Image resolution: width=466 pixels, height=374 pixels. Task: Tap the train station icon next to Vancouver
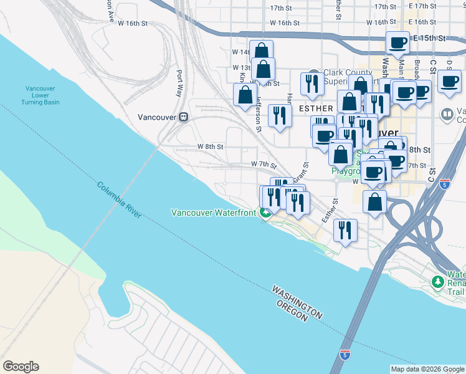(x=184, y=117)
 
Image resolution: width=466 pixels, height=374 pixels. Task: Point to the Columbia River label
(x=119, y=199)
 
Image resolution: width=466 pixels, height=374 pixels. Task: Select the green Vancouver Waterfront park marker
(x=266, y=213)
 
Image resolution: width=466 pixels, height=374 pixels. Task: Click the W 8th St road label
(x=210, y=146)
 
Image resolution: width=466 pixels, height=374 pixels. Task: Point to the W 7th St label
(x=264, y=164)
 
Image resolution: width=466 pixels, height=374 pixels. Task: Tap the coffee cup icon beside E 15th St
(x=397, y=43)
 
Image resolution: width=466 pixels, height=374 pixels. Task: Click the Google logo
(x=21, y=367)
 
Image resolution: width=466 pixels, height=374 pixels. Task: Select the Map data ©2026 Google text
(x=427, y=369)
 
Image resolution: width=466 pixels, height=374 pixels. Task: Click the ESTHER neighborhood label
(x=316, y=108)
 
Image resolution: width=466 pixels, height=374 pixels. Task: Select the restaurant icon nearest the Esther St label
(x=345, y=229)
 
